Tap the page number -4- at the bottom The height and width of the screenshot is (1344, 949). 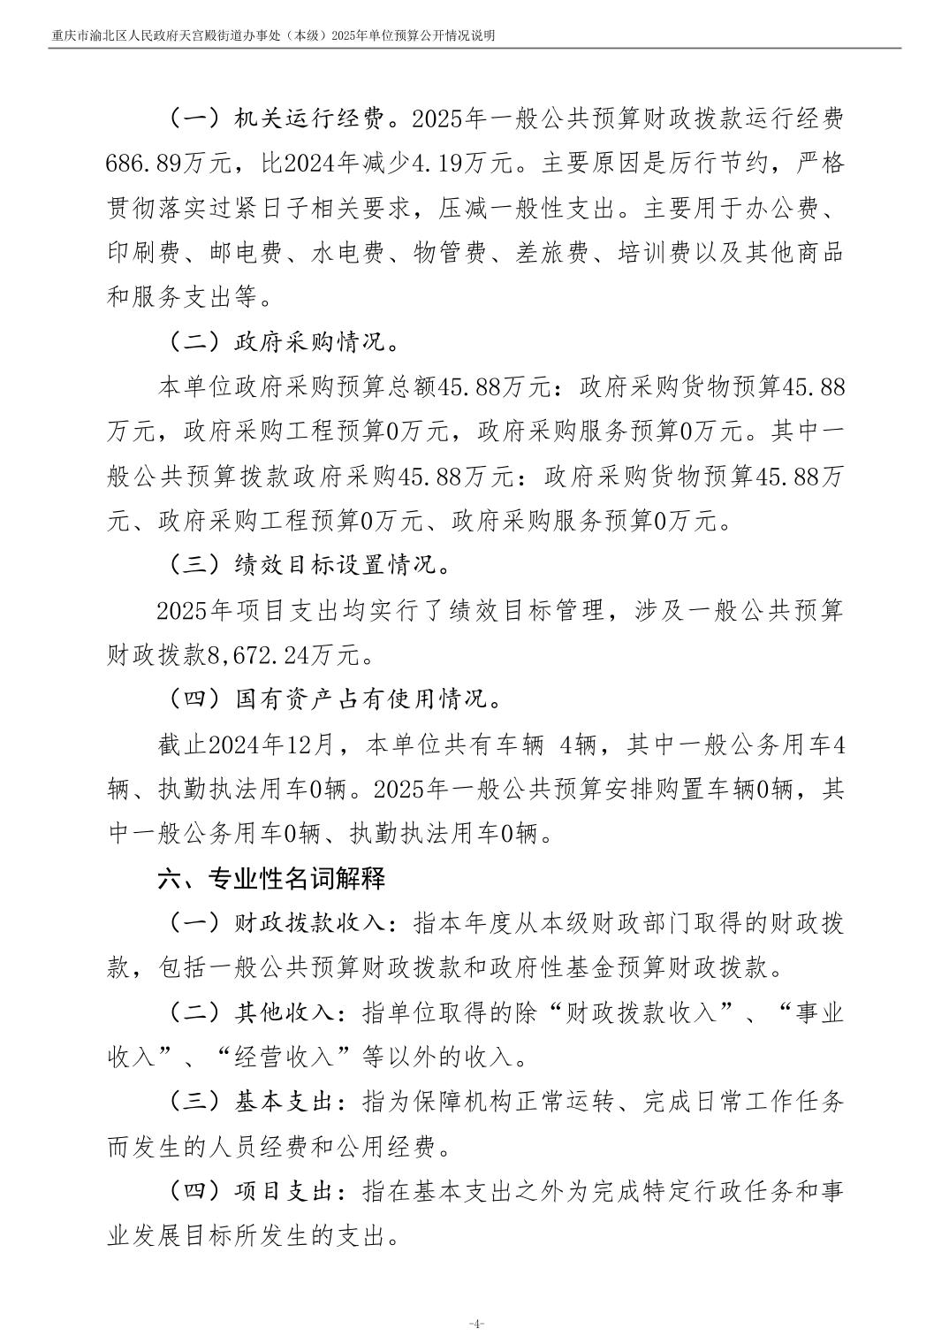coord(475,1324)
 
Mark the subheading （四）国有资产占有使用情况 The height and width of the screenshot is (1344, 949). coord(334,699)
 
